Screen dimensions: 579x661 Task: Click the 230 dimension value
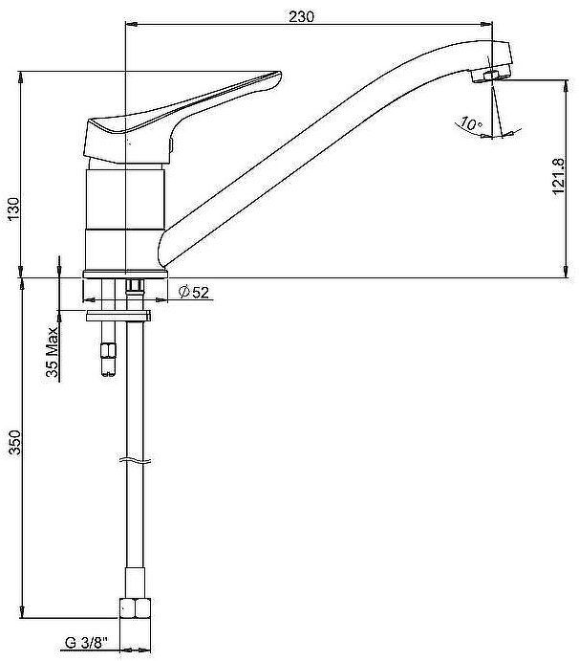point(301,16)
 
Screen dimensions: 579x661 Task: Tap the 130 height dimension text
point(14,209)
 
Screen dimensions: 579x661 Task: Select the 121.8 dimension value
point(558,176)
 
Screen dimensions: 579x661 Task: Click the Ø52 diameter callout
point(193,292)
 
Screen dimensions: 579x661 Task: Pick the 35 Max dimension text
point(52,352)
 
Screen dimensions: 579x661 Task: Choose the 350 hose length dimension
point(15,442)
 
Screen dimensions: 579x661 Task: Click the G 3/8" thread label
point(86,643)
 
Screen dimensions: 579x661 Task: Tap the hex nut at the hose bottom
point(135,607)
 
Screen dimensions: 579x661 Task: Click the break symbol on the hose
point(135,460)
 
